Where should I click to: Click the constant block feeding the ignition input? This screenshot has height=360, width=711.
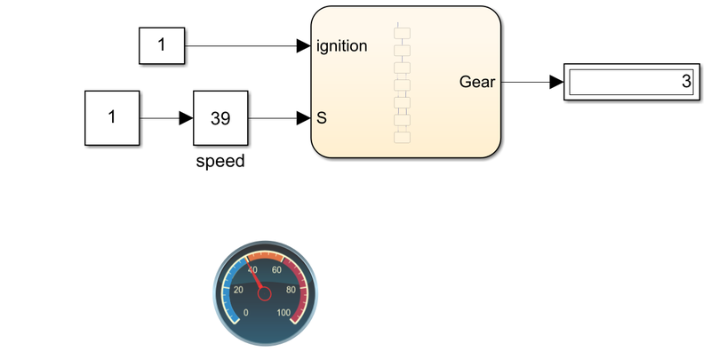[161, 45]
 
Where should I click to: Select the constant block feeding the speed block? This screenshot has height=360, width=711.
[112, 117]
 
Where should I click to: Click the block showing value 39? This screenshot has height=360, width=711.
[220, 117]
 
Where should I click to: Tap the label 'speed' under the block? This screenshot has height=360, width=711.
[220, 163]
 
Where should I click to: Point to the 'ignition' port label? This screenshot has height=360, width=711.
[341, 45]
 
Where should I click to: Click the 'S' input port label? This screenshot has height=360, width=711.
[321, 117]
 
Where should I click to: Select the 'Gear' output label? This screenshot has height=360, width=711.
[477, 83]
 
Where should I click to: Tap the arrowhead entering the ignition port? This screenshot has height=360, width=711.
[303, 45]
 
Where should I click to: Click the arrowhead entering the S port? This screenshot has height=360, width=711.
[303, 117]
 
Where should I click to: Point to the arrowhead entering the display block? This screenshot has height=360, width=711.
[556, 83]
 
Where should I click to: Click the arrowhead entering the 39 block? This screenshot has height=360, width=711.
[186, 117]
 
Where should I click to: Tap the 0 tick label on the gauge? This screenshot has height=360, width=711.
[246, 312]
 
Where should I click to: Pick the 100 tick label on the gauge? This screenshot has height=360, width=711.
[284, 312]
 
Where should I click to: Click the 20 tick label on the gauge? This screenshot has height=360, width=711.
[237, 290]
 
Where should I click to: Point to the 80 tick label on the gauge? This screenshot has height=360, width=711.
[292, 290]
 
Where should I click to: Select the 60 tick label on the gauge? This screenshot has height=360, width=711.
[276, 270]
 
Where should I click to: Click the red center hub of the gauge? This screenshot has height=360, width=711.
[264, 293]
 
